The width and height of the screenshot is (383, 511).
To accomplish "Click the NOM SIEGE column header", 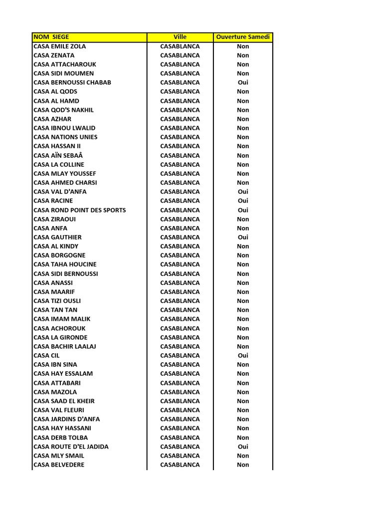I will point(51,37).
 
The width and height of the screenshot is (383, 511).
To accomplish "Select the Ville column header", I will point(180,37).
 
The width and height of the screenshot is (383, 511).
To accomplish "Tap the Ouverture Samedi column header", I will point(243,37).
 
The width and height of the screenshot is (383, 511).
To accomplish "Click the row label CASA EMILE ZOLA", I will point(60,46).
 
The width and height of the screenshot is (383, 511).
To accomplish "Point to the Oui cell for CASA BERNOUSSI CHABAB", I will point(243,82).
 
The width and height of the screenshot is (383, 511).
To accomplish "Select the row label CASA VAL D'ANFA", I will point(60,192).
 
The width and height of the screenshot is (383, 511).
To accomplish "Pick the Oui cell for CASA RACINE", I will point(243,201).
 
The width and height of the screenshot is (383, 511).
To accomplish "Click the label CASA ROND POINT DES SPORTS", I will point(80,210).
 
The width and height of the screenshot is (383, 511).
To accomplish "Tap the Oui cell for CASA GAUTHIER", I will point(243,237).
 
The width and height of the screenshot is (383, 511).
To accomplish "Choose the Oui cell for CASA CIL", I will point(243,355).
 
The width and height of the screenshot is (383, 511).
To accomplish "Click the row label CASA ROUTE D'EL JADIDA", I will point(71,447).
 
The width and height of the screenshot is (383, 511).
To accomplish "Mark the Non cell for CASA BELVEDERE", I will point(243,465).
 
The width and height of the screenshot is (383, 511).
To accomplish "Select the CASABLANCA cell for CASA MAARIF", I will point(180,292).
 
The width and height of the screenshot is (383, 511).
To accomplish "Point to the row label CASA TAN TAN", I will point(55,310).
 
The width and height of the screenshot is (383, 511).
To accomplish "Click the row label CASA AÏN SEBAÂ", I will point(58,155).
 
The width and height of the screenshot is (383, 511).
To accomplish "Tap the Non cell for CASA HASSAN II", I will point(243,146).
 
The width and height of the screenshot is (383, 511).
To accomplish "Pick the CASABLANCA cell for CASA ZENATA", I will point(180,55).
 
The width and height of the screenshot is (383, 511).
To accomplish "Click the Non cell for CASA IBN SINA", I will point(243,364).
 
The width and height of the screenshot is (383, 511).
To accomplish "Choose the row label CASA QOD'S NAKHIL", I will point(64,110).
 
